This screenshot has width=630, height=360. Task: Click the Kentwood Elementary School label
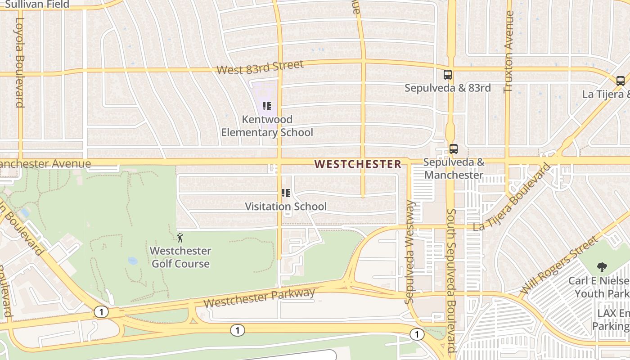click(267, 126)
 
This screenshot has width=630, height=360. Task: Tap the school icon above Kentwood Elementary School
click(267, 106)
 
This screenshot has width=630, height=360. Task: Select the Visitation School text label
click(286, 207)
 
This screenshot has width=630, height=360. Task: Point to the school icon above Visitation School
click(285, 193)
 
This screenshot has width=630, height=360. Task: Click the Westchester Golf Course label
click(180, 257)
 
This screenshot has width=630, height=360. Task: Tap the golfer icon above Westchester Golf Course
click(180, 237)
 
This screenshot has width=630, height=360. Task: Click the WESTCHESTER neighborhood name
click(357, 164)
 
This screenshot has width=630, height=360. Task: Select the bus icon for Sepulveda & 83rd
click(447, 75)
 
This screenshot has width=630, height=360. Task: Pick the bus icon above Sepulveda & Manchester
click(453, 149)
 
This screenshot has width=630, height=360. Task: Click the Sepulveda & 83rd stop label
click(447, 88)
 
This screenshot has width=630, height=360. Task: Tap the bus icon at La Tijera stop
click(620, 81)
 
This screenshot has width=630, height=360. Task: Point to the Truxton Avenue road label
click(508, 52)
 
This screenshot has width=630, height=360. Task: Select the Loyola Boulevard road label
click(20, 62)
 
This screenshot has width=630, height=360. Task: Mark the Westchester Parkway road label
click(259, 298)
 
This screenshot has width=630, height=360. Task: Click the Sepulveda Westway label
click(409, 252)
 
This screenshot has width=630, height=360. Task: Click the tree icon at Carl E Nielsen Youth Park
click(601, 267)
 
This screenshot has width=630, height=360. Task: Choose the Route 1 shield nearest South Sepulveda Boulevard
click(417, 334)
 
